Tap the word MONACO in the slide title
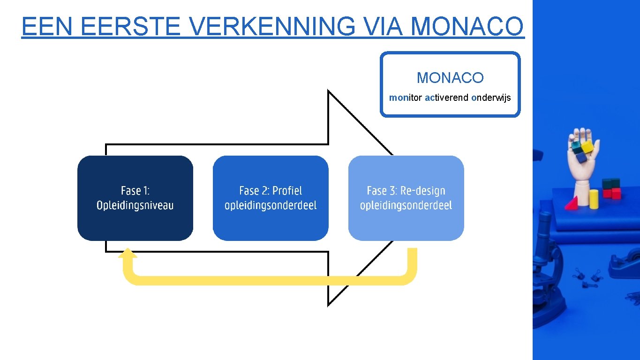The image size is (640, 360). coord(467,26)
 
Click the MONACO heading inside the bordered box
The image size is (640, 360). coord(450,78)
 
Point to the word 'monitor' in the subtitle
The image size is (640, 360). coord(406,98)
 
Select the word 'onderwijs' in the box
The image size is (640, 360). coord(491,98)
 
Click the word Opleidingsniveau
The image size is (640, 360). coord(135,205)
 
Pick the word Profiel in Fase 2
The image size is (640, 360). coord(287,191)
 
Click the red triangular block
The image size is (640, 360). coord(572,203)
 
